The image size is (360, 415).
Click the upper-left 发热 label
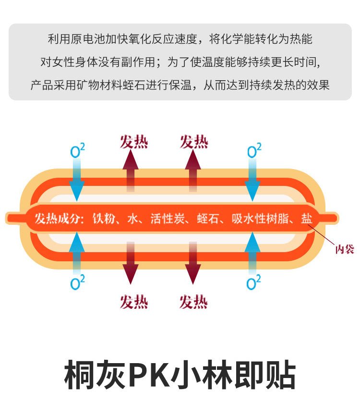coord(134,142)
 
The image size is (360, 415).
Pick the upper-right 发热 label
coord(194,142)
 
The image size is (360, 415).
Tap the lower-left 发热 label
coord(134,302)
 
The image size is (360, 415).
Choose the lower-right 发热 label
coord(193,302)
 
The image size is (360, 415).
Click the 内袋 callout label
coord(344,249)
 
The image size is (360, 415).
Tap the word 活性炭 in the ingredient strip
coord(165,219)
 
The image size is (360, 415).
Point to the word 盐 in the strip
coord(306,219)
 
